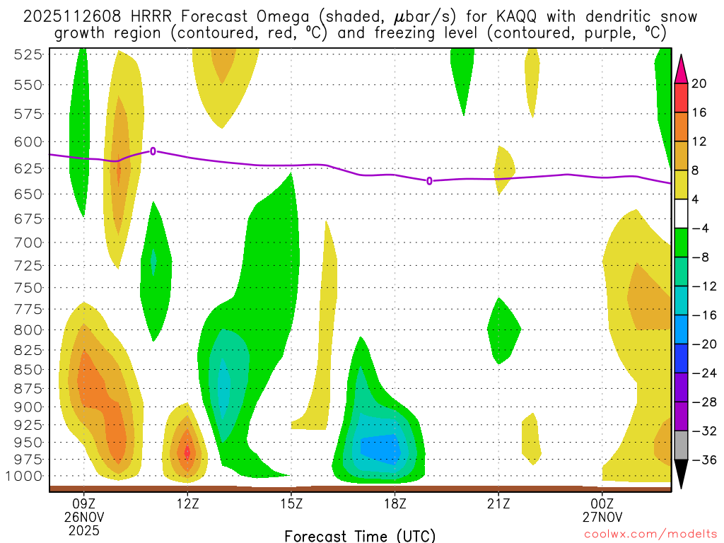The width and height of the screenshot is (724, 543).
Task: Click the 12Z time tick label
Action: (187, 503)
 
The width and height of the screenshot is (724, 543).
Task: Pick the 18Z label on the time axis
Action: (395, 503)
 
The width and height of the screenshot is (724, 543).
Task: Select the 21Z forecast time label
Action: (498, 503)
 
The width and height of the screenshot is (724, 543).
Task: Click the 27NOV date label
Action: (602, 517)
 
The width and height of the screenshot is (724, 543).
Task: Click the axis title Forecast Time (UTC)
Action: (360, 535)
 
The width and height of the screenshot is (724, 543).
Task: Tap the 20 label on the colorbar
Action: (699, 83)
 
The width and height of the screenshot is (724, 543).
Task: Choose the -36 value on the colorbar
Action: (702, 460)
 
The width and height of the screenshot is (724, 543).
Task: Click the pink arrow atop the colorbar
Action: (681, 69)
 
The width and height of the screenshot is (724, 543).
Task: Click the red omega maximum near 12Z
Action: (187, 451)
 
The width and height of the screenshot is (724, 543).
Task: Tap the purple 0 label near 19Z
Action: (429, 181)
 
